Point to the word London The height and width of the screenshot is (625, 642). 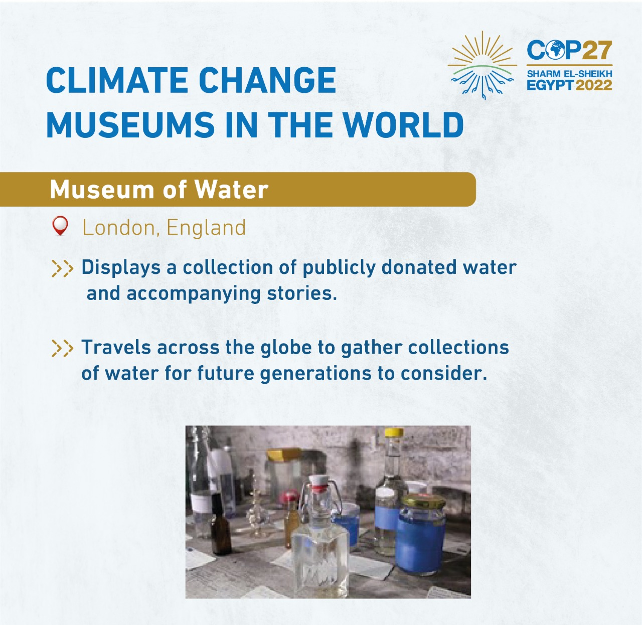click(119, 228)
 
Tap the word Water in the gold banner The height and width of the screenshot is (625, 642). click(231, 190)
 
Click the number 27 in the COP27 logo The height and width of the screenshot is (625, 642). click(597, 50)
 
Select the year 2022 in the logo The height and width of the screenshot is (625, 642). click(594, 85)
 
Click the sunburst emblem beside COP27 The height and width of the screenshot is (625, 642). click(482, 65)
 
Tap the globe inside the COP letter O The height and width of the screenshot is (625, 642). click(556, 50)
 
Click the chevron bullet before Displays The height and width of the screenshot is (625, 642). click(62, 268)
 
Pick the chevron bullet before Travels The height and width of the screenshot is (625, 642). click(62, 348)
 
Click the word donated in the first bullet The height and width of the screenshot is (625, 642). click(419, 267)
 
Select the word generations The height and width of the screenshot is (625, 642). click(325, 373)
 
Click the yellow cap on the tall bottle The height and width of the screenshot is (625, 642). click(394, 432)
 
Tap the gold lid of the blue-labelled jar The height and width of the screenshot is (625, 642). click(424, 501)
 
